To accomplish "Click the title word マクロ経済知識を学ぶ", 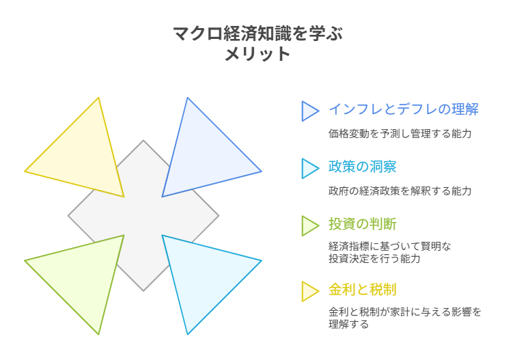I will coord(257,33).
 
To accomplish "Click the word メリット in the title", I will coord(257,54).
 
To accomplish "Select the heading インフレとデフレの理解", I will coord(403,109).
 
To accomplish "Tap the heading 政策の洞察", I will coord(362,167).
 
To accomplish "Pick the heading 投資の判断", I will coord(362,224).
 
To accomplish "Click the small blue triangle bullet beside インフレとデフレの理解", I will coord(309,111).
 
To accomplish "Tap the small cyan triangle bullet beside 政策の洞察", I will coord(309,168).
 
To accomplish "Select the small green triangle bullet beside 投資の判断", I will coord(309,225).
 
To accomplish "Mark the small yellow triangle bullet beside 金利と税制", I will coord(309,291).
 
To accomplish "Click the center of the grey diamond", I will coord(143,216).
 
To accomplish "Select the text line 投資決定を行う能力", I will coord(374,259).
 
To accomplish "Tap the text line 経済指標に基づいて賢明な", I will coord(389,246).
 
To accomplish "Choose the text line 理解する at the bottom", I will coord(348,324).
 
